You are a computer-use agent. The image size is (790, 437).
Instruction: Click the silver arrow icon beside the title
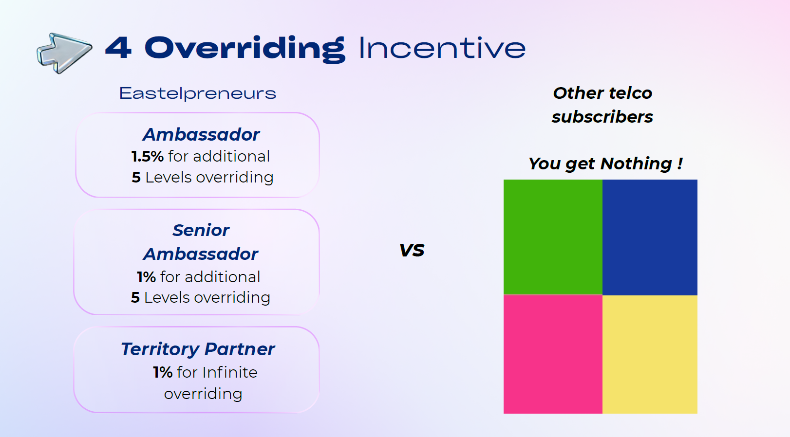64,53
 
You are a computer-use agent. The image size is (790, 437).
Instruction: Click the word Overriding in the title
245,49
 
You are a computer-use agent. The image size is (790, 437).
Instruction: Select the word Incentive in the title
442,48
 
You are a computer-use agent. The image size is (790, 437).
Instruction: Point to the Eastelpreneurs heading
198,93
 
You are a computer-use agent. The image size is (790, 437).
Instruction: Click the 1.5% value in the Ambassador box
148,156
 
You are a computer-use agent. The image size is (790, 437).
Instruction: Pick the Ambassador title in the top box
201,134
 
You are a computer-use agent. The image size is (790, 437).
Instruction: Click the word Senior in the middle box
201,230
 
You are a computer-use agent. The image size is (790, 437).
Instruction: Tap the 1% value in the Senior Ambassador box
147,277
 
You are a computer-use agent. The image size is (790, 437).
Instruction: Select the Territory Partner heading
198,349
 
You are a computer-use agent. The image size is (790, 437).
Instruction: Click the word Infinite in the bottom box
230,372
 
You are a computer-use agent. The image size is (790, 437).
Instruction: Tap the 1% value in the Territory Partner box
163,372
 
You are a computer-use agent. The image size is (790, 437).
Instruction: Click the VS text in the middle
412,250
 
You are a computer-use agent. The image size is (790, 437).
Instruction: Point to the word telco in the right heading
631,93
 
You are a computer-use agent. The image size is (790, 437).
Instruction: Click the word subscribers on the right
602,117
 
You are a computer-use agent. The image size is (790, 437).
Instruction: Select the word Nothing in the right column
636,164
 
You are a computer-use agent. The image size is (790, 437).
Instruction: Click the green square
553,237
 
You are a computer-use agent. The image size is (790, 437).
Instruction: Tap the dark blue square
650,237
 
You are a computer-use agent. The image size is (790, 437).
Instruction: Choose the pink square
553,354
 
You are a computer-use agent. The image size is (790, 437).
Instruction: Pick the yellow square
650,355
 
